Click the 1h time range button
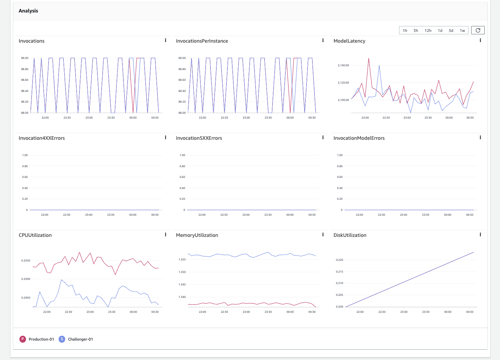point(405,31)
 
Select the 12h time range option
point(428,31)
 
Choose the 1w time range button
point(462,31)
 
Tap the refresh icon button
point(478,30)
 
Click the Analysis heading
point(28,11)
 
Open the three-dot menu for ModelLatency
point(480,41)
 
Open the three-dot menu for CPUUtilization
point(165,235)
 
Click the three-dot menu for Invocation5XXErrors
point(323,138)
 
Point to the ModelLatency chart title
point(349,41)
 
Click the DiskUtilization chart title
point(350,235)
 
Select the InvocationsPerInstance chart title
point(202,41)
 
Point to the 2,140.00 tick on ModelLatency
point(343,65)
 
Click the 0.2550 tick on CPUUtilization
point(26,260)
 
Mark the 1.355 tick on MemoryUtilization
point(182,259)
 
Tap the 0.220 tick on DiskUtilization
point(339,260)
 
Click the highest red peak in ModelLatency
point(369,58)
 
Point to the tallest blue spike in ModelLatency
point(379,65)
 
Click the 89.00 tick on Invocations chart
point(25,58)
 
